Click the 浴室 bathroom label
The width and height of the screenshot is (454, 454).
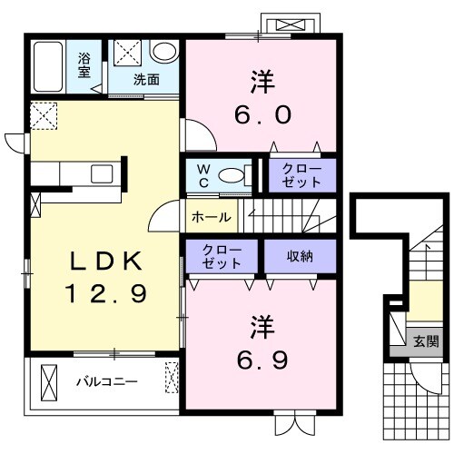(84, 65)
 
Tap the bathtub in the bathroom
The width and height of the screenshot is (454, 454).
(48, 66)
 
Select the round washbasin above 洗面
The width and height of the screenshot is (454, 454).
(164, 51)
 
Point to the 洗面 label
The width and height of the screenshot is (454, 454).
(146, 80)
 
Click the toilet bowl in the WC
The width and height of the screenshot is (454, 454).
(232, 175)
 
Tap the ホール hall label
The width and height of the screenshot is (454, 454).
(212, 217)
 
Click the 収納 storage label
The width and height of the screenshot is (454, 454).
(300, 256)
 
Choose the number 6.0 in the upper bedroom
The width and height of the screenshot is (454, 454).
(263, 115)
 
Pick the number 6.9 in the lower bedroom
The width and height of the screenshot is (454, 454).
(262, 360)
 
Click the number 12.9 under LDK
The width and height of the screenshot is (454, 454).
(106, 293)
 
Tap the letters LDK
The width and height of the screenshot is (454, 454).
(106, 261)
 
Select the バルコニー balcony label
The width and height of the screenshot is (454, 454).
(107, 382)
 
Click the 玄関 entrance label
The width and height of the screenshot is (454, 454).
(426, 341)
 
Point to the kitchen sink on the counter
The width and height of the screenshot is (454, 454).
(102, 173)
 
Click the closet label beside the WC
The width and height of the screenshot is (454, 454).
(301, 176)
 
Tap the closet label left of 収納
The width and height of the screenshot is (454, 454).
(222, 257)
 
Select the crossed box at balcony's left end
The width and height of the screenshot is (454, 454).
(49, 382)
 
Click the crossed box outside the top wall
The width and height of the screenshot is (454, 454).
(291, 25)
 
